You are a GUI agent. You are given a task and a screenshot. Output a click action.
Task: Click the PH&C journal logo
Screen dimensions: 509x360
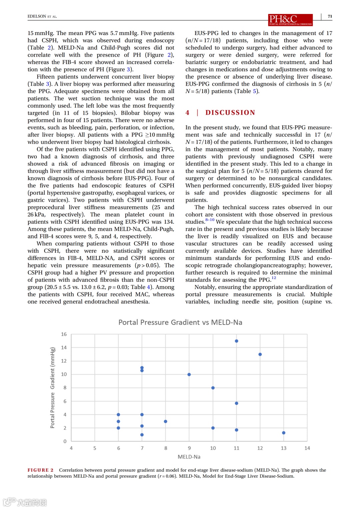[290, 20]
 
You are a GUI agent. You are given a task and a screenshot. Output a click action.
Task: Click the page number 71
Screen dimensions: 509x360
[330, 16]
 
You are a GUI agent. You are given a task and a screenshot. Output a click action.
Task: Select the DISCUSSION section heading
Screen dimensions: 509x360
[230, 113]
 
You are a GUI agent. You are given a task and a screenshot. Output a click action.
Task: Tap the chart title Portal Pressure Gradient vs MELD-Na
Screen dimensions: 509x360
[180, 322]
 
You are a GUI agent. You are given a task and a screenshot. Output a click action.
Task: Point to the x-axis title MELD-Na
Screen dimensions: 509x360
[189, 457]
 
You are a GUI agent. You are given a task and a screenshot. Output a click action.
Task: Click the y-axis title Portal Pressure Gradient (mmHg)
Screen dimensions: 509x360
[52, 388]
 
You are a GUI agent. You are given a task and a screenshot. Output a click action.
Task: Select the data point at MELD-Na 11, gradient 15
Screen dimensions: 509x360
[236, 341]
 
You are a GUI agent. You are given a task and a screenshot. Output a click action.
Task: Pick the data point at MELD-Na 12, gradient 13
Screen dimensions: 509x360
[260, 354]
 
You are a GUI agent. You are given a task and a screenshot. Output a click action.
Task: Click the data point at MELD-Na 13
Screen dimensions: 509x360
[284, 433]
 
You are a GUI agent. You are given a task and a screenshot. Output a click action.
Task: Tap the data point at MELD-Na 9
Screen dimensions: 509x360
[189, 374]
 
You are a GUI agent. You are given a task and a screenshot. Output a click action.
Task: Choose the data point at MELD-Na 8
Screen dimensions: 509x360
[166, 421]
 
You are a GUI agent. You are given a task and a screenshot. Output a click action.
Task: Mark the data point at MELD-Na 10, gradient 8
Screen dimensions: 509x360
[213, 388]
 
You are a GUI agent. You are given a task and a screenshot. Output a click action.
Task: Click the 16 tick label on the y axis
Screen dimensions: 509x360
[64, 334]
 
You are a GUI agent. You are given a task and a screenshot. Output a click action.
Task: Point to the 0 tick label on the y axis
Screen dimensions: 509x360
[65, 441]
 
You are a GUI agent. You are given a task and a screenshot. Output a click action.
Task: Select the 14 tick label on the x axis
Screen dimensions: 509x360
[307, 448]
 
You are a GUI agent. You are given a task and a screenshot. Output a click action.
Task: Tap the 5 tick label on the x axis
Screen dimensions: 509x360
[95, 448]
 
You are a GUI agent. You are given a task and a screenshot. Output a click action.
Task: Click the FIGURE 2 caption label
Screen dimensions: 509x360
[40, 470]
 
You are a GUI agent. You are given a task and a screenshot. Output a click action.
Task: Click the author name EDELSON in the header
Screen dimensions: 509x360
[37, 16]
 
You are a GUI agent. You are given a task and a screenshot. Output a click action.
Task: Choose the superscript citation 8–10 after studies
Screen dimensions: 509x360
[210, 220]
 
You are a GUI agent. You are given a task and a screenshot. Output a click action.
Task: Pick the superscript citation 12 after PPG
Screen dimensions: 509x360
[274, 278]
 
